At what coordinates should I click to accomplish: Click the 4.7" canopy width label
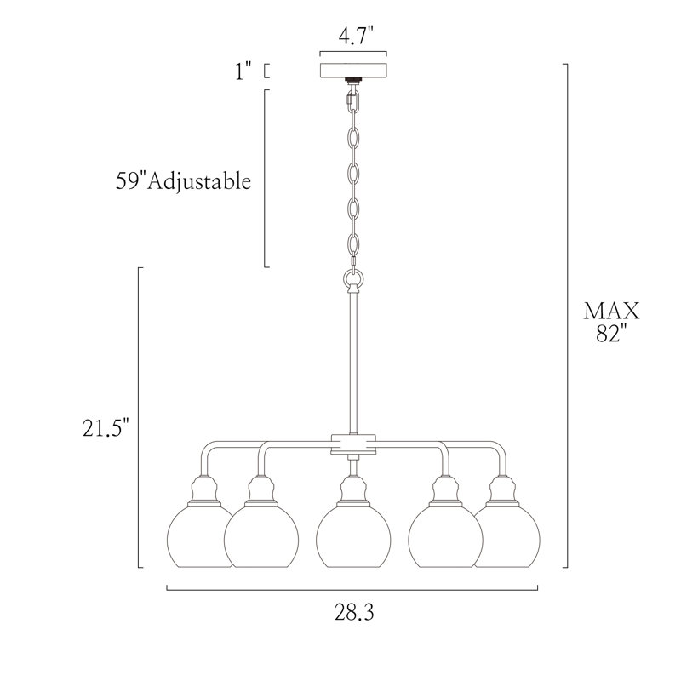356,36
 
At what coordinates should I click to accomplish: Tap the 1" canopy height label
243,71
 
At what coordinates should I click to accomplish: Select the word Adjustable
199,181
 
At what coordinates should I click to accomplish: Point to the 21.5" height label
106,428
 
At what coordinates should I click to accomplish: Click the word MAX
611,311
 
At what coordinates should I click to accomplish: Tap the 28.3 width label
354,612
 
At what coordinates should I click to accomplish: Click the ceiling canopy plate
353,71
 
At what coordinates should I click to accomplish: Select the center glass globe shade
353,537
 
